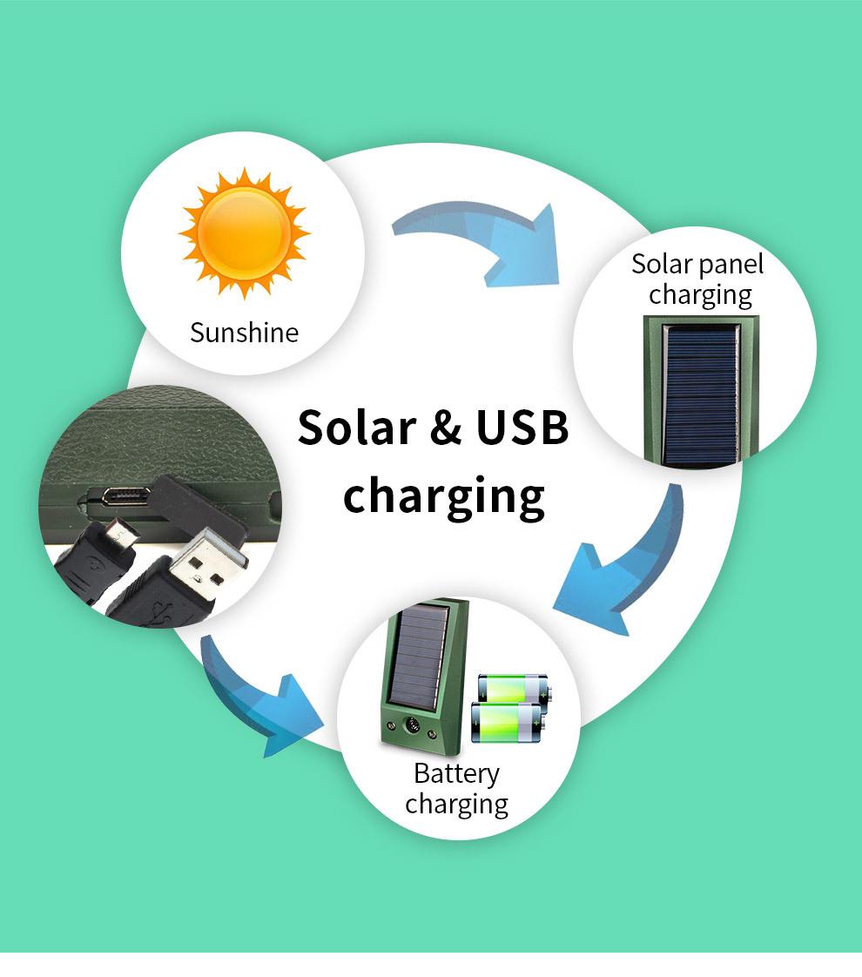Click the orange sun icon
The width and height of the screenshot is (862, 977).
pos(244,233)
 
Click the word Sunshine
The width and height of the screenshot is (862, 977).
pos(244,333)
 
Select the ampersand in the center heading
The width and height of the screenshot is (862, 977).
pos(446,429)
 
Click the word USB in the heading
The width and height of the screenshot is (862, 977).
pos(522,428)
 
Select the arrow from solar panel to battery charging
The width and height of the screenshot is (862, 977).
pos(623,566)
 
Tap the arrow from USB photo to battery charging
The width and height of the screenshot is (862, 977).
pos(261,697)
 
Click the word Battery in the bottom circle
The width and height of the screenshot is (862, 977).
pos(456,773)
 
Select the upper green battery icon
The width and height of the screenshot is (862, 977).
pos(514,689)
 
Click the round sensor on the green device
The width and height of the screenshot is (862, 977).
pos(411,724)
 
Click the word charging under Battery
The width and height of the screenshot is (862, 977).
pos(456,804)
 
